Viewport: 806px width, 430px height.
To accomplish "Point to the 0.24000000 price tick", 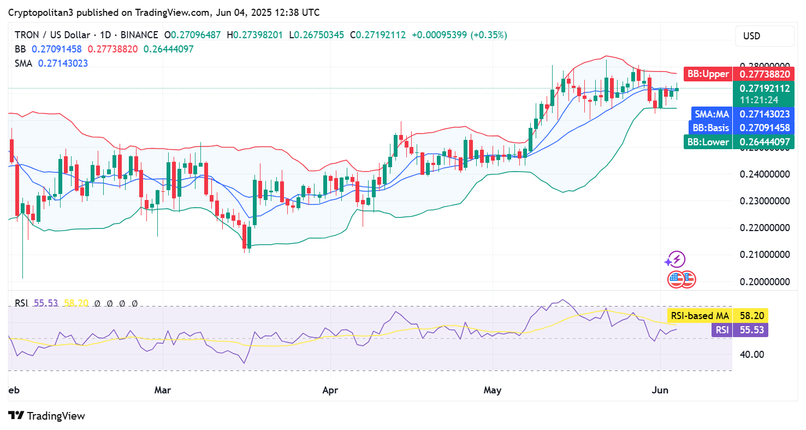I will (x=764, y=174).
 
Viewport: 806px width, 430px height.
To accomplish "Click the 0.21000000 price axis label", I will (x=764, y=255).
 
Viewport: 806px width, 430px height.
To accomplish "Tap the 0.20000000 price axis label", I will (x=764, y=281).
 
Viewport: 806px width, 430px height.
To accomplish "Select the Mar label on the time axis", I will (x=163, y=391).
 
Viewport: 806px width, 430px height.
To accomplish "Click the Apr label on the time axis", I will (x=330, y=391).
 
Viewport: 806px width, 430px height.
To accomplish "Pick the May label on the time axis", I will (x=493, y=391).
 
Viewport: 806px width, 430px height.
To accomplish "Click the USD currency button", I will (x=764, y=36).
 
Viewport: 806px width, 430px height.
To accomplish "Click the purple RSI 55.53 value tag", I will (x=740, y=329).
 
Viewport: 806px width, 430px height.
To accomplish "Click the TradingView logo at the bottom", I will (x=47, y=416).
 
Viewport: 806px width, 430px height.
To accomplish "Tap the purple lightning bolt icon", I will (x=677, y=260).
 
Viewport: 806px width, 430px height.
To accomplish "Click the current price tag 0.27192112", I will (x=764, y=89).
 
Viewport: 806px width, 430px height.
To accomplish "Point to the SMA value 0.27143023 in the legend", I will (x=63, y=63).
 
